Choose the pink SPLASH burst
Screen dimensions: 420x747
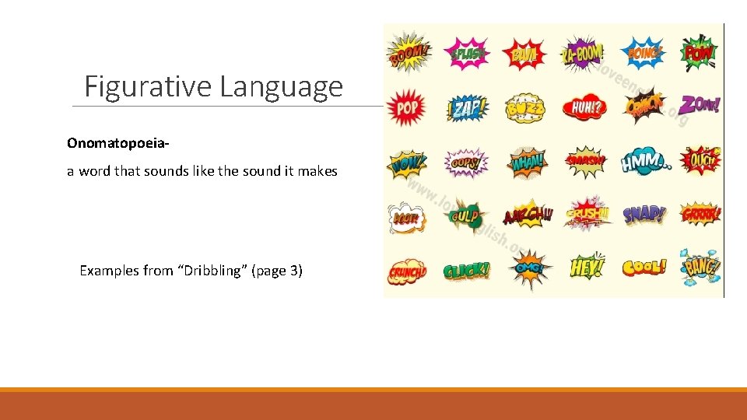point(467,54)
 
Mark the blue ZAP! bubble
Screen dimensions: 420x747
point(467,108)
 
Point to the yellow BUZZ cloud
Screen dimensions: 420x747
point(524,109)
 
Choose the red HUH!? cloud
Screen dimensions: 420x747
point(584,107)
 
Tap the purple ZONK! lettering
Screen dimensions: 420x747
point(700,105)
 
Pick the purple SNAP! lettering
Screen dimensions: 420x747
point(644,215)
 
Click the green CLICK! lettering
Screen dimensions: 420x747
point(466,271)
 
